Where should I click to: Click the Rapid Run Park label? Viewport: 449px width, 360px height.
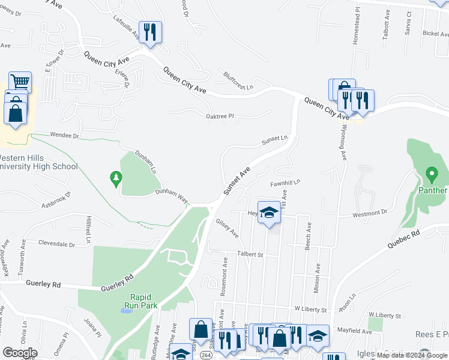[x=140, y=301]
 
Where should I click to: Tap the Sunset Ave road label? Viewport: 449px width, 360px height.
[x=237, y=181]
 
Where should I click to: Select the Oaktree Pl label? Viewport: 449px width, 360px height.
[x=220, y=116]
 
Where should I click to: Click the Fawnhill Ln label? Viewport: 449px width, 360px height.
[x=285, y=182]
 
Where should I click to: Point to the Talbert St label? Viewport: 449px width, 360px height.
[x=250, y=254]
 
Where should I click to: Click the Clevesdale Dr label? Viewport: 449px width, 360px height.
[x=56, y=245]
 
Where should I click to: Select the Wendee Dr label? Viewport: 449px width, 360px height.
[x=65, y=136]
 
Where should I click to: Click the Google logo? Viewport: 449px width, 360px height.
[x=20, y=353]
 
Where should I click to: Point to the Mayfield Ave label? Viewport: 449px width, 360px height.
[x=354, y=331]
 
